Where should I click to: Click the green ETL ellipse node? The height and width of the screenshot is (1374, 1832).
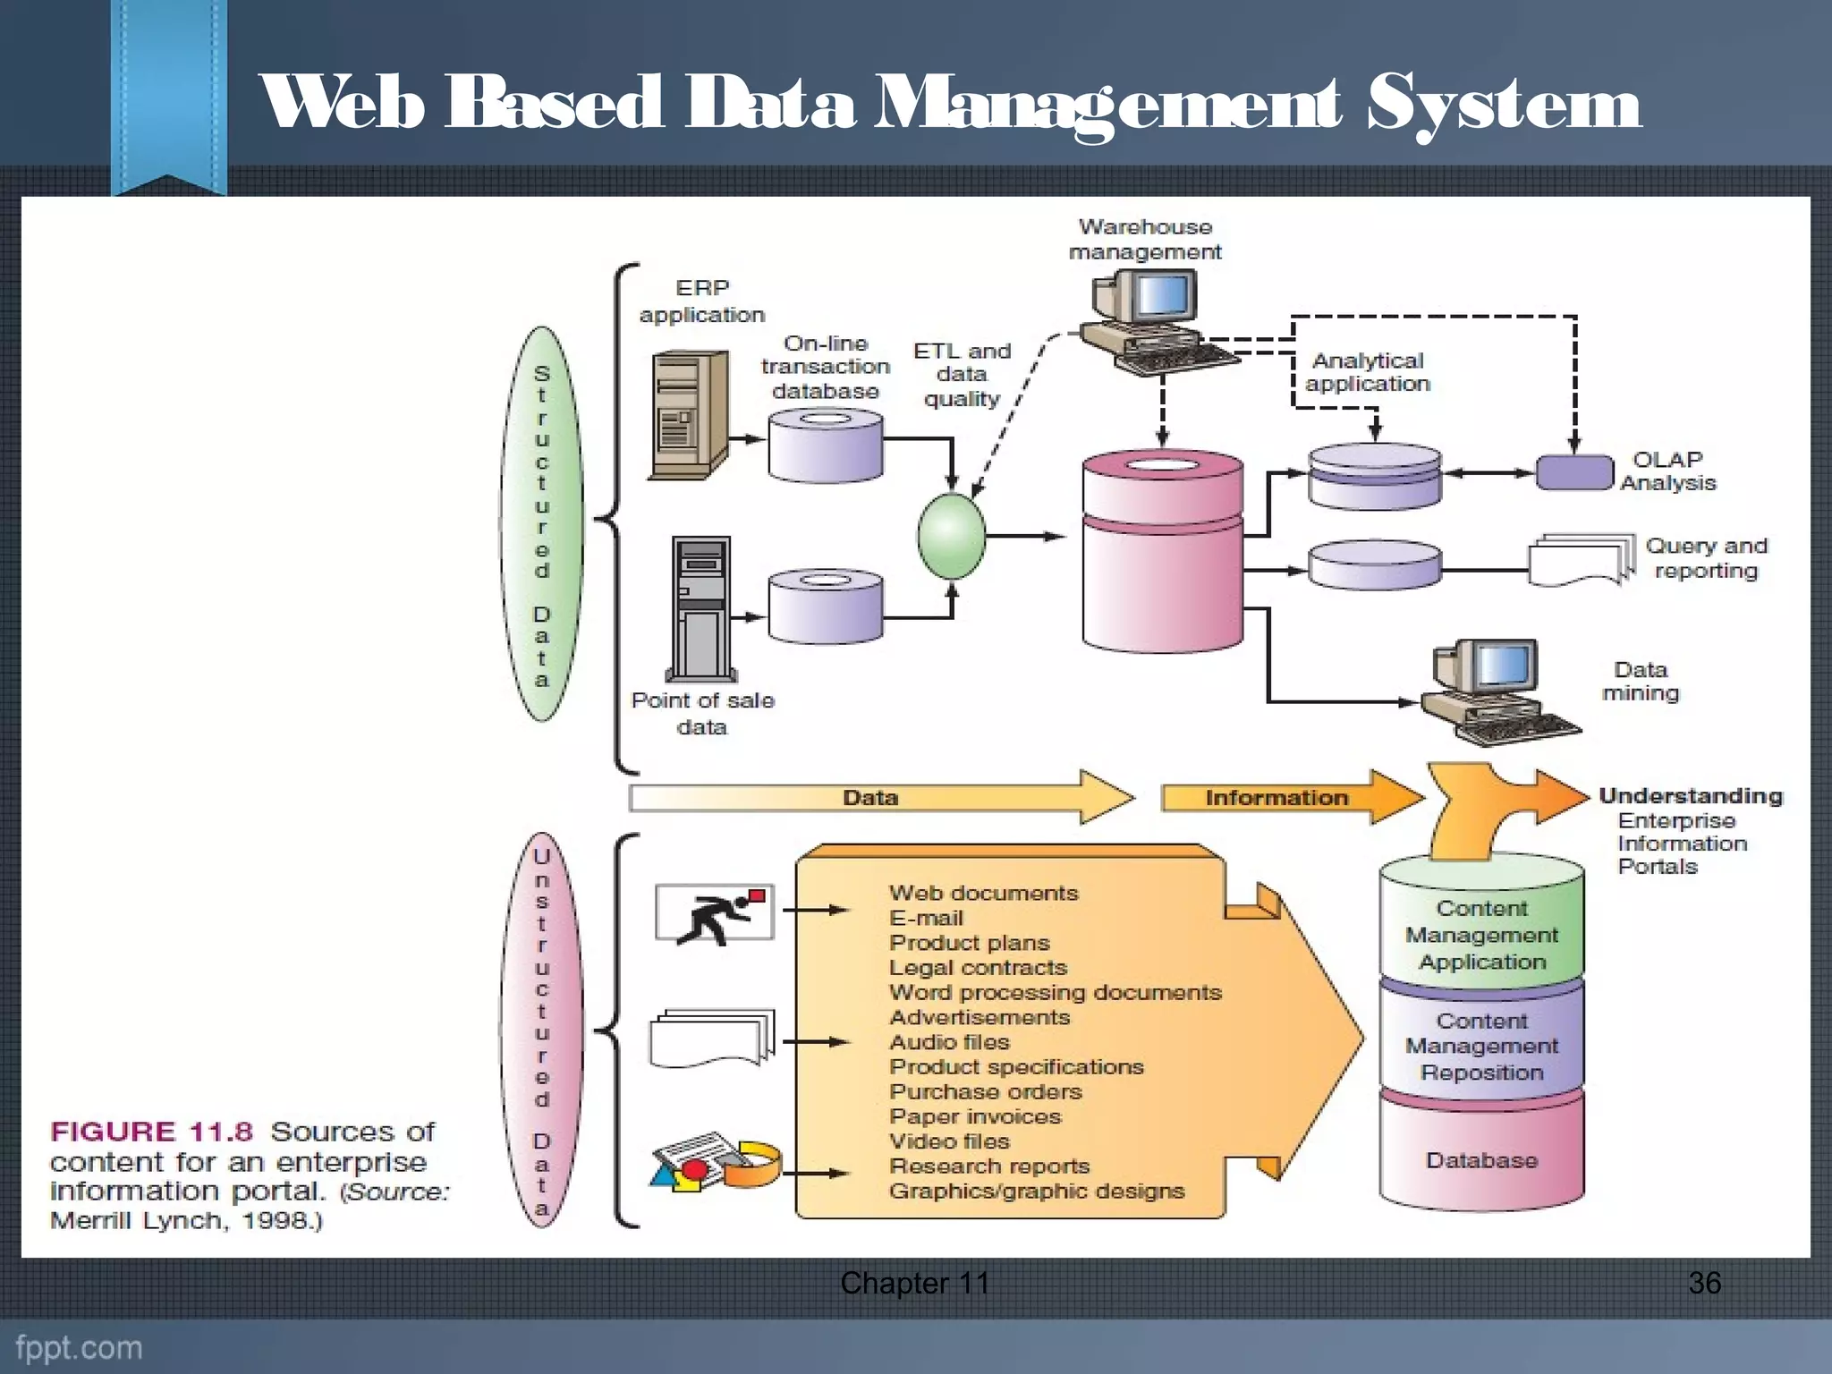point(951,537)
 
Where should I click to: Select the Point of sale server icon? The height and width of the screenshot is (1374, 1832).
point(702,608)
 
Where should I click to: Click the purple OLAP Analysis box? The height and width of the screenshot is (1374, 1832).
point(1574,472)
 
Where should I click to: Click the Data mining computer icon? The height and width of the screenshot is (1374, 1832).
point(1494,691)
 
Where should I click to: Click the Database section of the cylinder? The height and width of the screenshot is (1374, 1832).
point(1481,1160)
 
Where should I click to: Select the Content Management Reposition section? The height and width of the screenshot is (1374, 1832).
point(1481,1046)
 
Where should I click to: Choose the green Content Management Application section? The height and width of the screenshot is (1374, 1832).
point(1481,934)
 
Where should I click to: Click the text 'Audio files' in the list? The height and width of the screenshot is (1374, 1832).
point(949,1042)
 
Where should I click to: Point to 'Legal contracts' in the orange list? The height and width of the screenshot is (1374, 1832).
point(978,968)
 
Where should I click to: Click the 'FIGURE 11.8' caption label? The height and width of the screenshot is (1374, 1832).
point(152,1132)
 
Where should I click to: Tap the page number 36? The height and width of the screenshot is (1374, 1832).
point(1704,1283)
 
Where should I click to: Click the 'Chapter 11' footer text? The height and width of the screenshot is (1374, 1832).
point(914,1283)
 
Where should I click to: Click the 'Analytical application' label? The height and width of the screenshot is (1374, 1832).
point(1367,372)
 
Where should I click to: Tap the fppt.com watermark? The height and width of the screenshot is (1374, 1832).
point(79,1347)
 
